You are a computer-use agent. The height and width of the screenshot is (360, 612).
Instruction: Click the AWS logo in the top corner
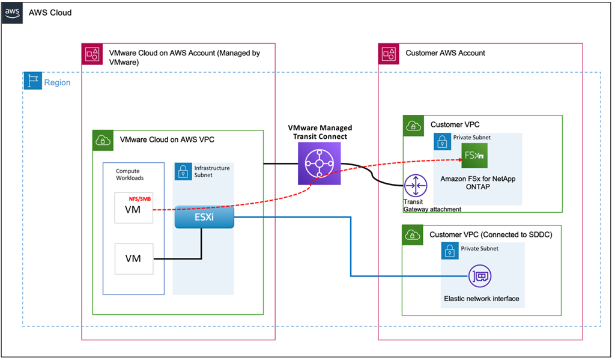pyautogui.click(x=12, y=12)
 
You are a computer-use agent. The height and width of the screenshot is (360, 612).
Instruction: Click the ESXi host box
pyautogui.click(x=204, y=217)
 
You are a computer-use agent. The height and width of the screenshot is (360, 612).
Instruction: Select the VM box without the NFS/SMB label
pyautogui.click(x=133, y=258)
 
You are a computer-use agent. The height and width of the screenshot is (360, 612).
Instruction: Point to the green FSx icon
pyautogui.click(x=474, y=157)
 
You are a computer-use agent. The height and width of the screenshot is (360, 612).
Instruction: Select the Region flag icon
pyautogui.click(x=32, y=82)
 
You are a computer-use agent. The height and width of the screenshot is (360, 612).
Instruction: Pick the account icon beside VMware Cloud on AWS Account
pyautogui.click(x=92, y=53)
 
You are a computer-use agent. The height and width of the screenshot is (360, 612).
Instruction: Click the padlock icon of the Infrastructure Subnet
pyautogui.click(x=182, y=172)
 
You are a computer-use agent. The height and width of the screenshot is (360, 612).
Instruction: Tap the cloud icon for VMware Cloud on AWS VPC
pyautogui.click(x=101, y=140)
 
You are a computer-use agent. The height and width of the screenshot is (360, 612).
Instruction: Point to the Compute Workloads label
pyautogui.click(x=132, y=175)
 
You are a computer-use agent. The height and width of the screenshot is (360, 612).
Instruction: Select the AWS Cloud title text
pyautogui.click(x=50, y=12)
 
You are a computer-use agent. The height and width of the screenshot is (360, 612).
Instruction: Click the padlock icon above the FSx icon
pyautogui.click(x=442, y=141)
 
